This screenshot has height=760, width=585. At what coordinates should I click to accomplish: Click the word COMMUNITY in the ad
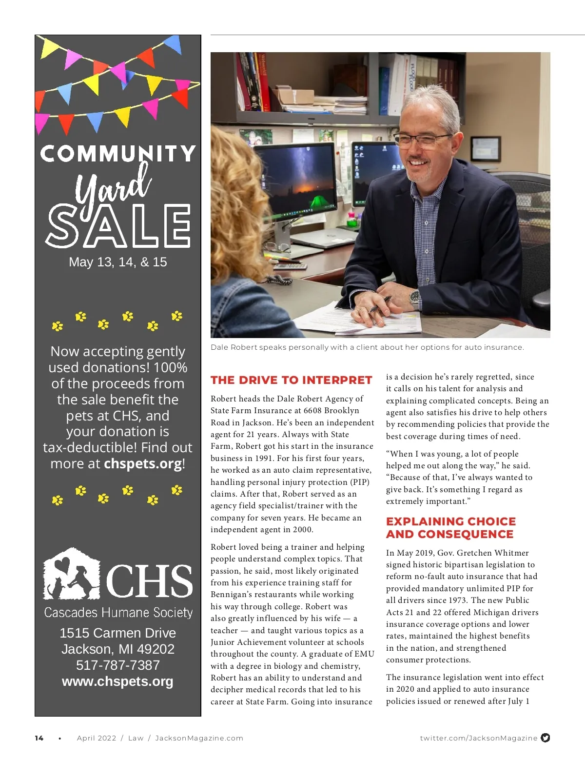click(x=118, y=154)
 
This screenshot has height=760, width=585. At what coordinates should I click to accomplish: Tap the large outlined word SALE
click(x=118, y=225)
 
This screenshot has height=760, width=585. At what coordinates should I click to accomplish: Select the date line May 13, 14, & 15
click(x=118, y=262)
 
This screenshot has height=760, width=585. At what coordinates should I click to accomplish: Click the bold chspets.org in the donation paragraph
click(x=143, y=463)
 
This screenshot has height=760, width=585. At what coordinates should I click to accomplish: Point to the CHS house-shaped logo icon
click(x=71, y=574)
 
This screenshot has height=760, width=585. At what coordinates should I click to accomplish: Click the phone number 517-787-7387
click(x=118, y=665)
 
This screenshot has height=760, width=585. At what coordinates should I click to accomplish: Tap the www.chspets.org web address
click(x=117, y=681)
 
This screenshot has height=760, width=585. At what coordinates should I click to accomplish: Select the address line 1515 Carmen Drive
click(x=118, y=633)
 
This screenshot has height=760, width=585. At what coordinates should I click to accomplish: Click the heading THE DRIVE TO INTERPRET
click(x=291, y=380)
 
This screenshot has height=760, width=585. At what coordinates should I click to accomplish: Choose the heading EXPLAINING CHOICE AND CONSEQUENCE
click(x=450, y=528)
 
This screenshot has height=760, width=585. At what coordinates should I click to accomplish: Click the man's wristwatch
click(x=414, y=297)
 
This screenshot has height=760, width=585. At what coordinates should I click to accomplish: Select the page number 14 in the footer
click(x=39, y=738)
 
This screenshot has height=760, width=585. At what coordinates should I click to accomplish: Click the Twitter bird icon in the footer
click(x=546, y=738)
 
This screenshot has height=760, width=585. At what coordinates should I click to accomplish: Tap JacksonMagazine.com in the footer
click(x=199, y=738)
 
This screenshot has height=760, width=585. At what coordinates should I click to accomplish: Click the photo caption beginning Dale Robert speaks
click(x=367, y=347)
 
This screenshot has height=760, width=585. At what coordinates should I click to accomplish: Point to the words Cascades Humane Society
click(x=118, y=613)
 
